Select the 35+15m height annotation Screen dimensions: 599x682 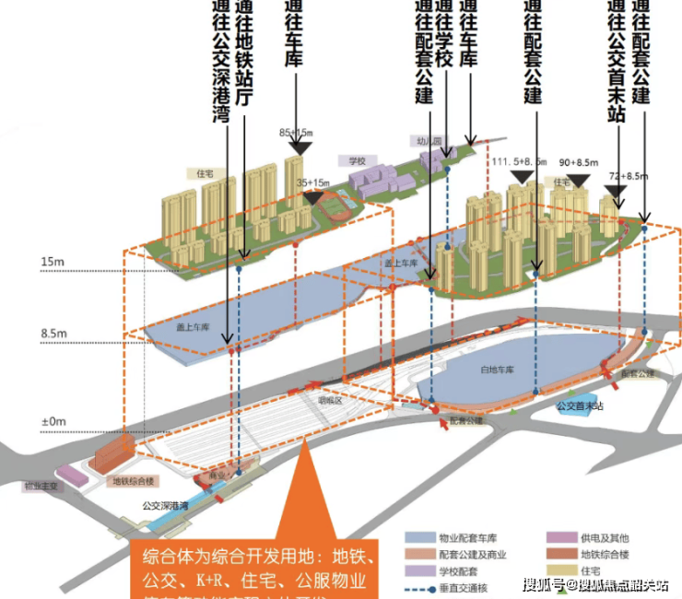[x=313, y=183]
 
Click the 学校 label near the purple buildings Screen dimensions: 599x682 [x=358, y=160]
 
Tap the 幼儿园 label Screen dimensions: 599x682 [x=422, y=141]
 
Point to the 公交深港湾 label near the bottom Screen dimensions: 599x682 [x=165, y=506]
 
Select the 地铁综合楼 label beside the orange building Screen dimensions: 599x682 [x=135, y=480]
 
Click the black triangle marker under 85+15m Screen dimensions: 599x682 [x=299, y=147]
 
